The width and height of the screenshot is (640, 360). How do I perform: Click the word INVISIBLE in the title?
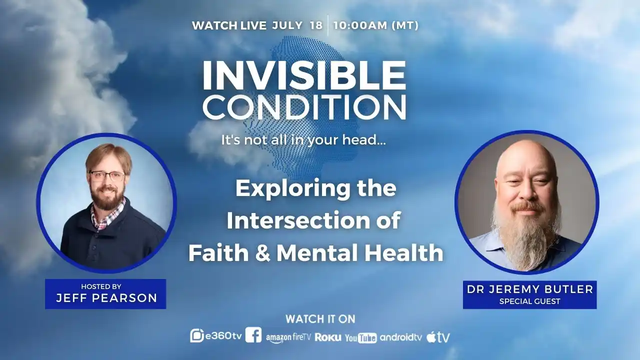304,76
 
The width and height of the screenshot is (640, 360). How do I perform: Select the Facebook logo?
253,335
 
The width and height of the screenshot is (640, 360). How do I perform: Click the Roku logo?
328,337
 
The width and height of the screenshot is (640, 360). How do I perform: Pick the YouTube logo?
361,338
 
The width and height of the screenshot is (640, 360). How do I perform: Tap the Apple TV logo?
438,337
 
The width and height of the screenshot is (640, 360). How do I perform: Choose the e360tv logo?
216,336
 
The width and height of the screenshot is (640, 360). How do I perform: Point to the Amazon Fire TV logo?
288,337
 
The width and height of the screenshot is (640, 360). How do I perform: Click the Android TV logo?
401,337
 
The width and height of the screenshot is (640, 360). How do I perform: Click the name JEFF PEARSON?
106,298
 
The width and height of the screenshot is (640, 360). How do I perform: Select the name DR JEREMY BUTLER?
530,289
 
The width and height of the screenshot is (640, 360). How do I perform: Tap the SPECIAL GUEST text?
529,301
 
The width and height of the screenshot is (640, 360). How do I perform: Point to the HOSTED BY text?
101,286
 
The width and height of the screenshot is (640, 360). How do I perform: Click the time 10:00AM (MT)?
375,25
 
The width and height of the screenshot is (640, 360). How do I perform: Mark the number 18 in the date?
316,25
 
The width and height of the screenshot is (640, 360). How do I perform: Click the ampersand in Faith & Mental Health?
262,253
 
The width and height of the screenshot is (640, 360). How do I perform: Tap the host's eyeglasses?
107,175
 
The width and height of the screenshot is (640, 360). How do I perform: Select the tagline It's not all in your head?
303,140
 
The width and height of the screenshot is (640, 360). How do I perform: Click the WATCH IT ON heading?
320,319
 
